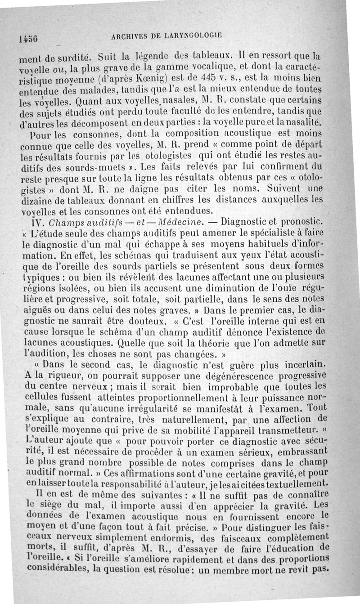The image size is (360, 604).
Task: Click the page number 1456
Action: point(28,39)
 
